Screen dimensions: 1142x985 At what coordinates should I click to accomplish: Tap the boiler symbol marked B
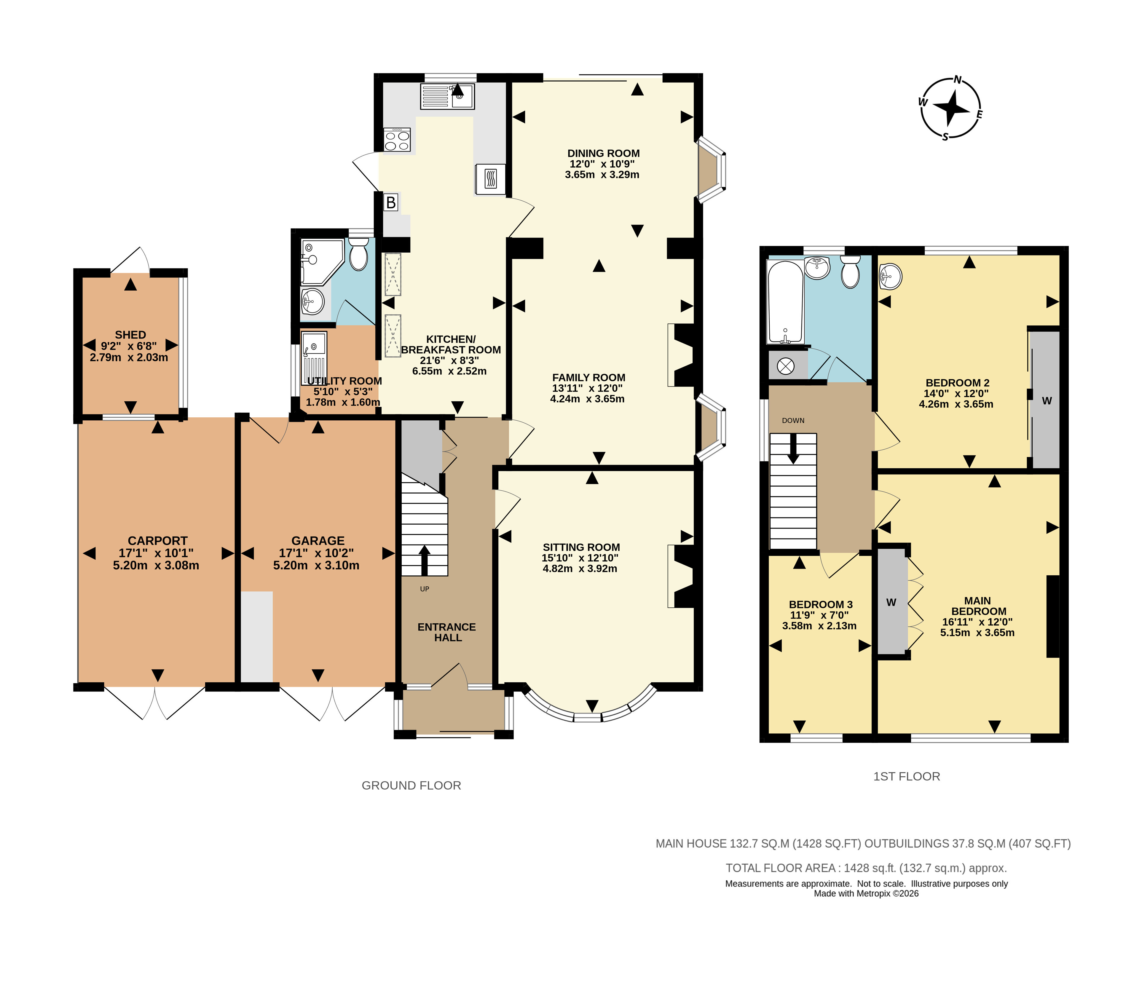tap(391, 203)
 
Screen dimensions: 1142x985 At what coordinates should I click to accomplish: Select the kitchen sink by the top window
tap(447, 96)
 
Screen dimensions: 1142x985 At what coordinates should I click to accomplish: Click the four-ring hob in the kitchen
tap(397, 139)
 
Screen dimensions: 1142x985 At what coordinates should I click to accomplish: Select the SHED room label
tap(131, 335)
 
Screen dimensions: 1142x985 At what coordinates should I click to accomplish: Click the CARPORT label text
tap(158, 541)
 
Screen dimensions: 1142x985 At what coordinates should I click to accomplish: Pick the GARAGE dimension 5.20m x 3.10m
tap(316, 565)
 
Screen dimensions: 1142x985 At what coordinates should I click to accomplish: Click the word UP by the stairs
tap(424, 589)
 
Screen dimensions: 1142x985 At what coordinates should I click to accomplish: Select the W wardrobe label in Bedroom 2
tap(1047, 401)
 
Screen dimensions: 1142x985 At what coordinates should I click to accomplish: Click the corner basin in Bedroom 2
tap(890, 276)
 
